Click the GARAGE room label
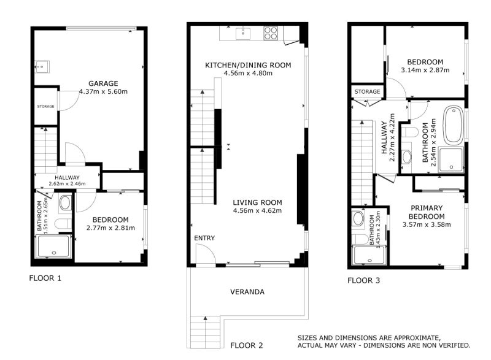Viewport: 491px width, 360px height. pyautogui.click(x=103, y=83)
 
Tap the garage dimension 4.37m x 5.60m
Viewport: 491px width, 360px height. pyautogui.click(x=103, y=92)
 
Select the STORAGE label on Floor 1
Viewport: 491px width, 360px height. pyautogui.click(x=45, y=106)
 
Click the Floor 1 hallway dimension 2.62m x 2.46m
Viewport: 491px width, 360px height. pyautogui.click(x=67, y=183)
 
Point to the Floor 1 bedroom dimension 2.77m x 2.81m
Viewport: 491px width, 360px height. pyautogui.click(x=110, y=228)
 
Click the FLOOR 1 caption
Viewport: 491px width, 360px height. pyautogui.click(x=45, y=278)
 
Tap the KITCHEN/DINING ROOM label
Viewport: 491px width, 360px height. pyautogui.click(x=248, y=65)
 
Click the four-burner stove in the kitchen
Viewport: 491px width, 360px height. pyautogui.click(x=271, y=33)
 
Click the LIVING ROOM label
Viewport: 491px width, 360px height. pyautogui.click(x=257, y=202)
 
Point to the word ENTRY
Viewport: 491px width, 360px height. pyautogui.click(x=204, y=238)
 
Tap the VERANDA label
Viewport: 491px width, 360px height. pyautogui.click(x=248, y=292)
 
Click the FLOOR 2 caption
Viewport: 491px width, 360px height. pyautogui.click(x=246, y=345)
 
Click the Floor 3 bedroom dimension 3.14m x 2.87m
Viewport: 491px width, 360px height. pyautogui.click(x=425, y=70)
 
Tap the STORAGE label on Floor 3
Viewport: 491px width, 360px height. pyautogui.click(x=367, y=92)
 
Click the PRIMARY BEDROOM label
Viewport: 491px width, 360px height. pyautogui.click(x=427, y=212)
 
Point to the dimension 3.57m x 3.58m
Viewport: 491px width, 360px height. pyautogui.click(x=427, y=224)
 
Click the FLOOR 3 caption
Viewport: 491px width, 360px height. pyautogui.click(x=364, y=281)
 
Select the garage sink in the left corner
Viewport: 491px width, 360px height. pyautogui.click(x=42, y=66)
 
